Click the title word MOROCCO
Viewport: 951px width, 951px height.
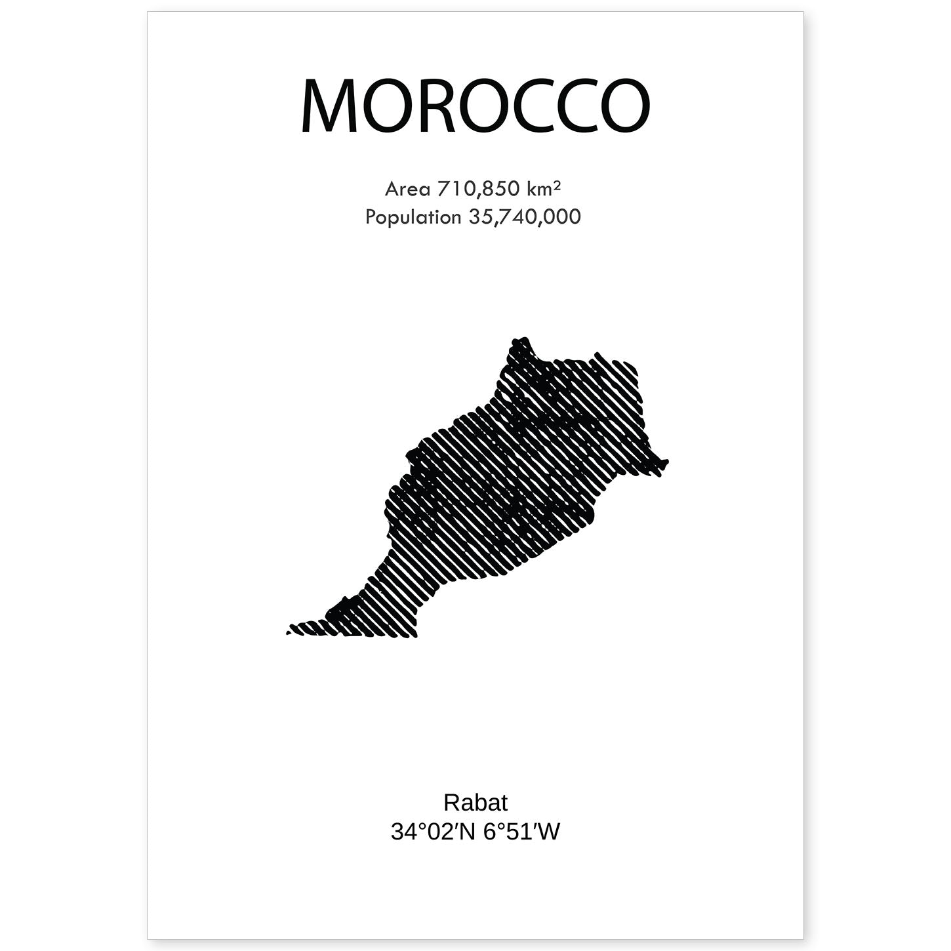coord(475,107)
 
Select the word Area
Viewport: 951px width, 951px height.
coord(407,189)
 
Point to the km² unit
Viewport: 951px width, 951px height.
coord(543,189)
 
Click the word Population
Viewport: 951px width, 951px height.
coord(413,216)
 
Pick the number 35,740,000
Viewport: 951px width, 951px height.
coord(525,216)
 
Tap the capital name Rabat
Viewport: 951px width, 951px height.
coord(475,802)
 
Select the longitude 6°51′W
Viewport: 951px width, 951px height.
coord(522,832)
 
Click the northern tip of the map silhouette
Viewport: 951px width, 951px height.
coord(521,342)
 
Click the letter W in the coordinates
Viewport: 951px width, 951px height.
coord(550,832)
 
